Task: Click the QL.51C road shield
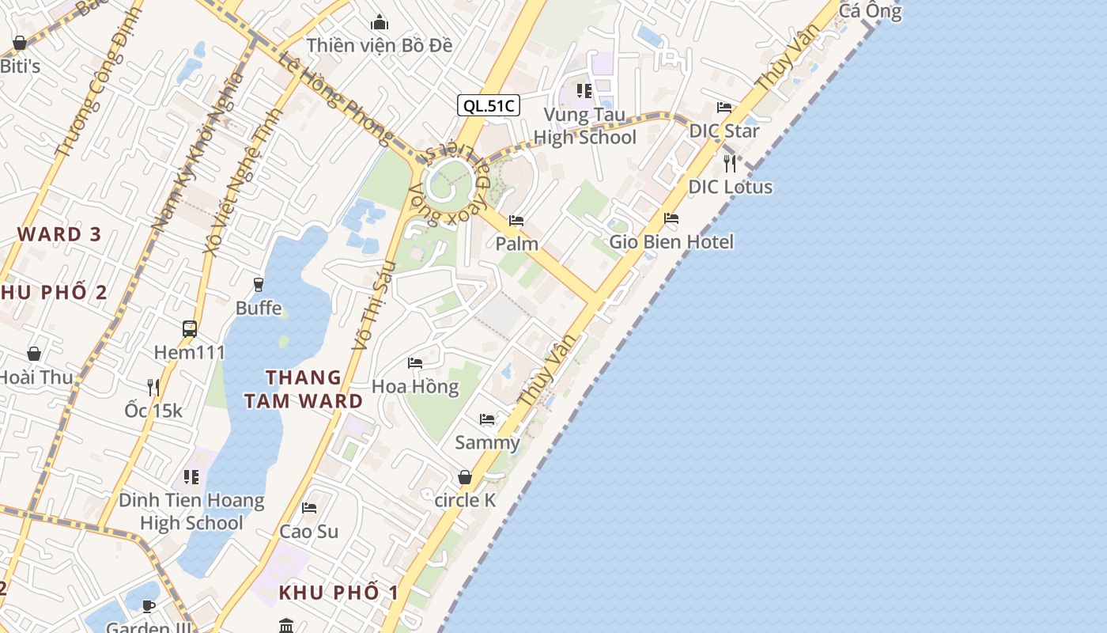488,105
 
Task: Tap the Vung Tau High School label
584,127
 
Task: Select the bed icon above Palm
516,221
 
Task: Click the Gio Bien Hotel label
671,242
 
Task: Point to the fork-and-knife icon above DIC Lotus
730,164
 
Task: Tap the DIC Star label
724,131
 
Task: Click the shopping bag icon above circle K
465,477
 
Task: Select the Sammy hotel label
487,442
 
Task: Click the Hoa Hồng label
415,386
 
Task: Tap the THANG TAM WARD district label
304,389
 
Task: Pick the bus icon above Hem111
190,329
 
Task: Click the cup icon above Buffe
259,284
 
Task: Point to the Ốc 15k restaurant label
153,411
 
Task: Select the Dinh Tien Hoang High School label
191,511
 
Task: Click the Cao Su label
308,532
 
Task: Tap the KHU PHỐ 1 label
338,593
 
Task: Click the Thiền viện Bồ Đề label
380,45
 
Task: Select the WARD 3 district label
60,234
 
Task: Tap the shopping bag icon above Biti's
20,43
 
